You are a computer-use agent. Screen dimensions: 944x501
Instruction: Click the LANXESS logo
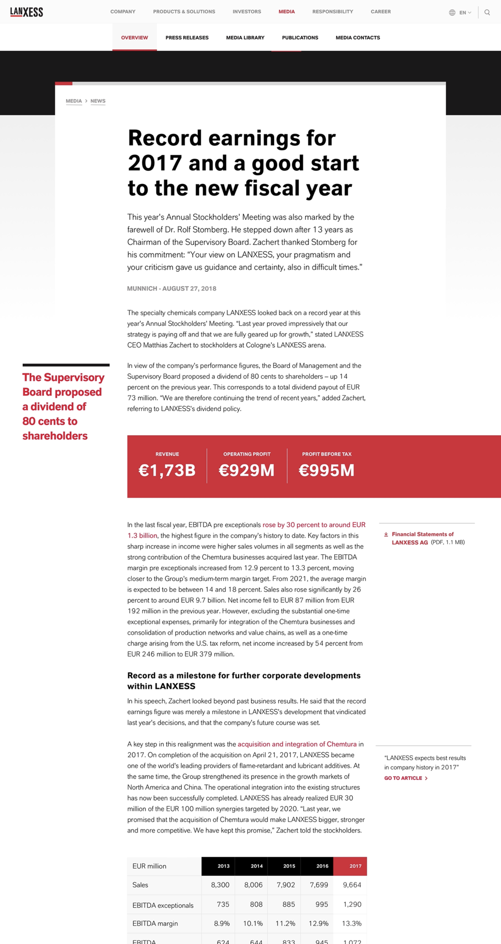tap(26, 12)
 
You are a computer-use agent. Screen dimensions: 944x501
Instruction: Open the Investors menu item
tap(246, 12)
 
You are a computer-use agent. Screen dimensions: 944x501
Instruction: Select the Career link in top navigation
tap(380, 12)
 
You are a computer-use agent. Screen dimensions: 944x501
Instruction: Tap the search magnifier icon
tap(487, 12)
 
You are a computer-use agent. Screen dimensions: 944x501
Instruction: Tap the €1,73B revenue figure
tap(167, 470)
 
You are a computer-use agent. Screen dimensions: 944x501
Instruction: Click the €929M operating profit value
tap(246, 470)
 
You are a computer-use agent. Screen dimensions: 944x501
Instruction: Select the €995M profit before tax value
tap(326, 470)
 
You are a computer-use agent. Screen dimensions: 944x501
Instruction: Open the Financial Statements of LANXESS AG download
tap(423, 538)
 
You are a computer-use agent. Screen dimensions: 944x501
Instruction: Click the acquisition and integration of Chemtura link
tap(297, 744)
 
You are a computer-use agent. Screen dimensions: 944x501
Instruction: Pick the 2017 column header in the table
tap(355, 866)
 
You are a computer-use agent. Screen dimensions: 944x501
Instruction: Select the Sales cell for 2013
tap(220, 885)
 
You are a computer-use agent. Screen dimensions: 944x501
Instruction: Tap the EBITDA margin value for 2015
tap(285, 923)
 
